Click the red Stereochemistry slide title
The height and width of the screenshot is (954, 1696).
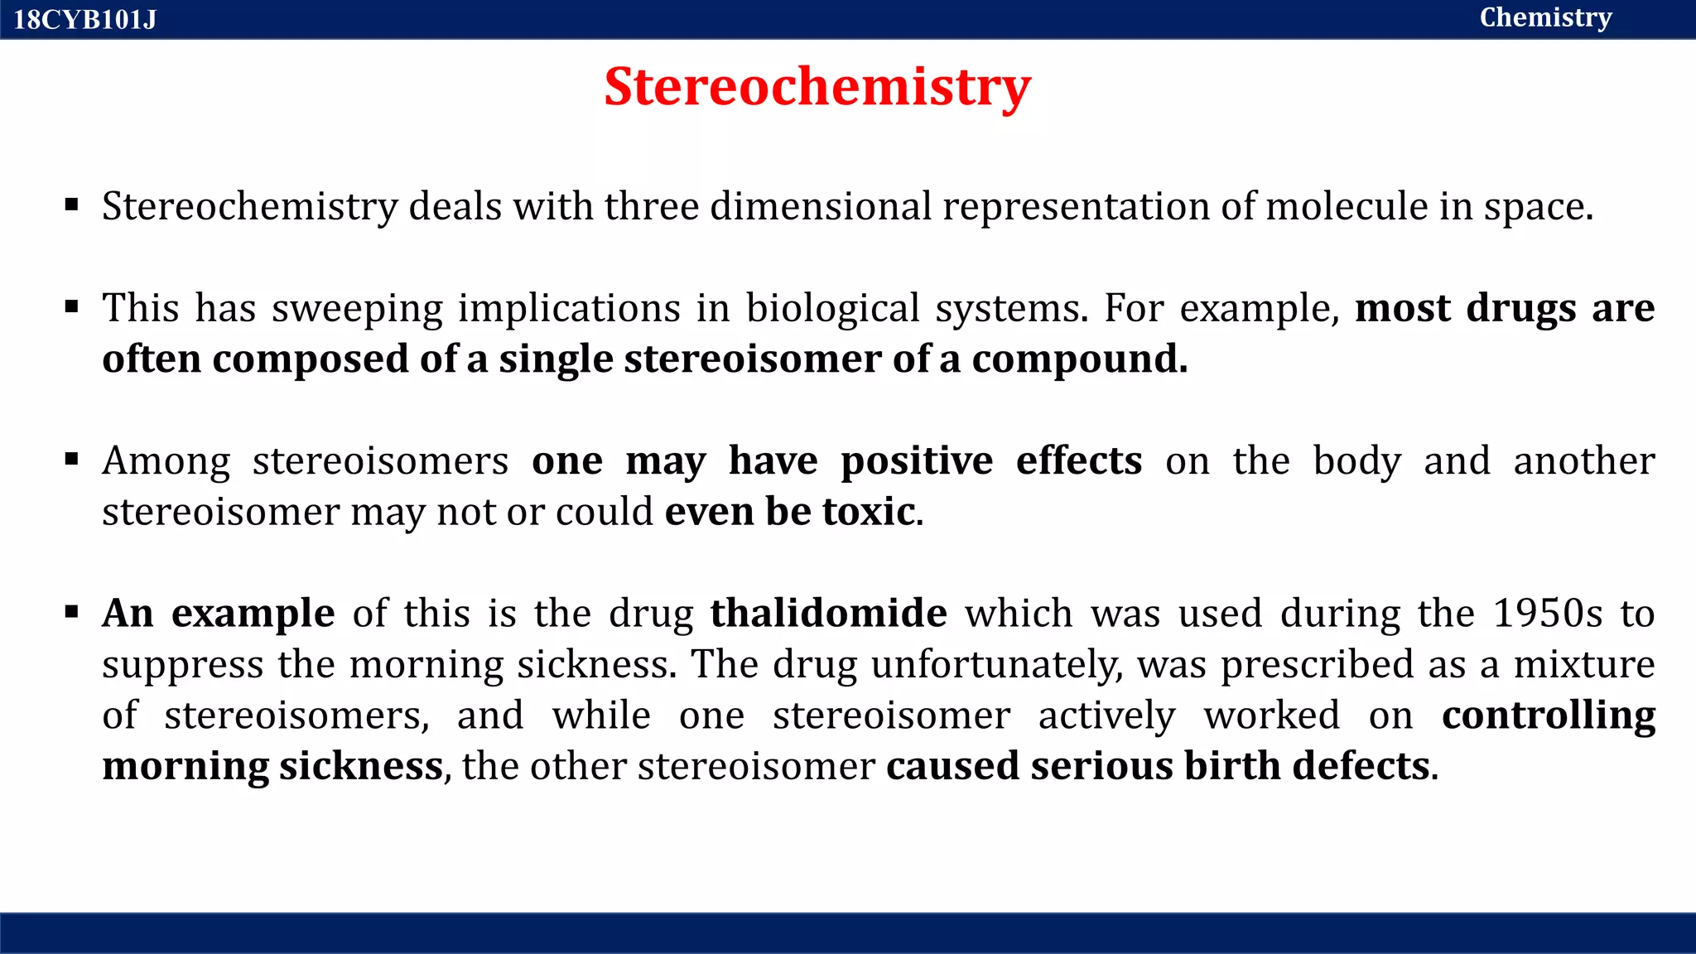(817, 86)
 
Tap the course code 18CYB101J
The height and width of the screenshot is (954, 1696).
(85, 19)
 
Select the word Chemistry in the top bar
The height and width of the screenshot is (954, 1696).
(1545, 17)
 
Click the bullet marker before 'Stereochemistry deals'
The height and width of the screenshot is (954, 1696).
(72, 205)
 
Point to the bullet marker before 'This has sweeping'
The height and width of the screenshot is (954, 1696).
(72, 307)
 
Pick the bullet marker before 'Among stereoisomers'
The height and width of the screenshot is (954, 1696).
(72, 459)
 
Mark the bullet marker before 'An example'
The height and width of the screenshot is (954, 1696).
(72, 612)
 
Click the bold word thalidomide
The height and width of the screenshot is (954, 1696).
(828, 613)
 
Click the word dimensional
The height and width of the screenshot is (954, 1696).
(821, 206)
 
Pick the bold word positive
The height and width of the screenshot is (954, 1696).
(917, 460)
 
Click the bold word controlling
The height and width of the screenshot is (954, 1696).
(1548, 715)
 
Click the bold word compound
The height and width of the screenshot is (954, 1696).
(1079, 359)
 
